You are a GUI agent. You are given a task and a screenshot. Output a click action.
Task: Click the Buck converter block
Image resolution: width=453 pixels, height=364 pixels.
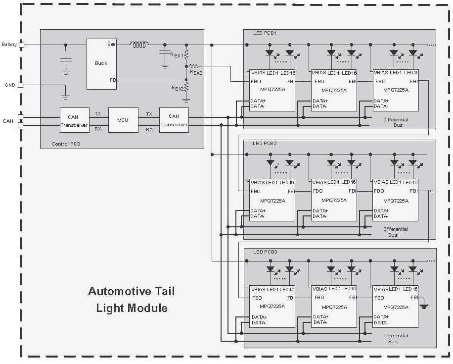pos(101,63)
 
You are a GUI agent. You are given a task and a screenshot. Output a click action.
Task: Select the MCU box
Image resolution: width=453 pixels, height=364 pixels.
pos(123,120)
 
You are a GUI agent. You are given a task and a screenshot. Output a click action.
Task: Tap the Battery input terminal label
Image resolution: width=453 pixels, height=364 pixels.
pos(9,45)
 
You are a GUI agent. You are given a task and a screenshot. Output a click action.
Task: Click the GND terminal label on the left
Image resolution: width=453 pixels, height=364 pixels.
pos(10,85)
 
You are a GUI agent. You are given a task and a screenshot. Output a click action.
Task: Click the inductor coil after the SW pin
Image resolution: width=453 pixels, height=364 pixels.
pos(139,45)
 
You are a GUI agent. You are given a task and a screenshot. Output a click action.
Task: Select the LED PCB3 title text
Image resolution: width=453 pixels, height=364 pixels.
pos(265,252)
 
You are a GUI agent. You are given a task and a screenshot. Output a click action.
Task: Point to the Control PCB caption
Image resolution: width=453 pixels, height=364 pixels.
pos(66,144)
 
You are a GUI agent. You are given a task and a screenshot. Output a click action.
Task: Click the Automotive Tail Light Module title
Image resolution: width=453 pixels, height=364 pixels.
pos(132,299)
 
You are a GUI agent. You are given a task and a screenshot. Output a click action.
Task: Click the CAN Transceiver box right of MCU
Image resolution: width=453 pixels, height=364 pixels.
pos(174,120)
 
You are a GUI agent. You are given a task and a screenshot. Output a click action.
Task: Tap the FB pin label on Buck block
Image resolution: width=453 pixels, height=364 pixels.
pos(113,80)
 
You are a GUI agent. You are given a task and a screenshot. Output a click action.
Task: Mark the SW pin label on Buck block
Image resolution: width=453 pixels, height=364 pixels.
pos(112,45)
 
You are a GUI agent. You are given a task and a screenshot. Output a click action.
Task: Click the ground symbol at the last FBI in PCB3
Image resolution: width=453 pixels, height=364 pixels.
pos(423,306)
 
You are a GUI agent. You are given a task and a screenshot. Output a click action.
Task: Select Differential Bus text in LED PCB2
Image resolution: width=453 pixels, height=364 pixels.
pos(395,232)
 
